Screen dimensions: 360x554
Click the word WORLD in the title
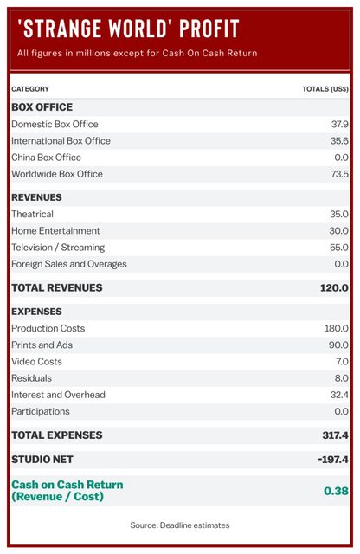(138, 29)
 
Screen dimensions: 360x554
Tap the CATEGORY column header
(30, 89)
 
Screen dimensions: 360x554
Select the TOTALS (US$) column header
(325, 89)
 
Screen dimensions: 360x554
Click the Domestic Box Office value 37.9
(340, 124)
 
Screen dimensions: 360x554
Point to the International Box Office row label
(61, 140)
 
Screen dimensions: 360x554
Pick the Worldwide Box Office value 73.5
(340, 174)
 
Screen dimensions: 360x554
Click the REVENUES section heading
(36, 197)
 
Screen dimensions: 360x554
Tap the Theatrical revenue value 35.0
(339, 214)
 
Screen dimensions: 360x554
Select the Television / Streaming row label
(58, 248)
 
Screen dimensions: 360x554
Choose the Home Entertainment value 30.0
(339, 231)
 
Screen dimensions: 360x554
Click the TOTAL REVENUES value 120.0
(334, 287)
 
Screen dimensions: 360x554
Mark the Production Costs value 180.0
(337, 328)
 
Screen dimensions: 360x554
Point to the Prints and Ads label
(42, 345)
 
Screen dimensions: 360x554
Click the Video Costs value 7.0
(342, 362)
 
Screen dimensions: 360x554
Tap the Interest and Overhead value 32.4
(339, 395)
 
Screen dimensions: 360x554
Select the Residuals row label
(31, 378)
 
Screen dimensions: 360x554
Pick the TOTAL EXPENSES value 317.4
(335, 435)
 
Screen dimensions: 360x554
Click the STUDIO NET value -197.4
(333, 460)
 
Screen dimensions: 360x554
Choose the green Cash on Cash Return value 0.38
(336, 491)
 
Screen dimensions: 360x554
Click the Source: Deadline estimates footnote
(180, 525)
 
